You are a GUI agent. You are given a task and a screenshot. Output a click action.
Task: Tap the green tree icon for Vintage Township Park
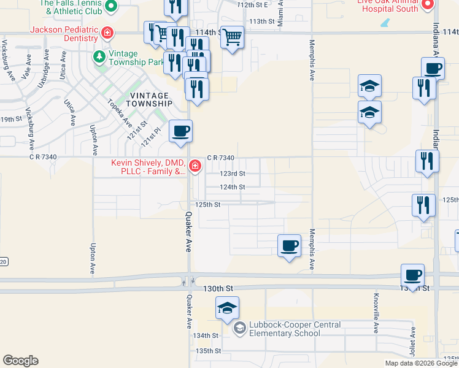click(x=99, y=57)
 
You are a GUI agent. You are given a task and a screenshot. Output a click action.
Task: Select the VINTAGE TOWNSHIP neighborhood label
click(x=147, y=99)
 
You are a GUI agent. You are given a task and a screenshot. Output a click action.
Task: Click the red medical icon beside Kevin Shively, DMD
click(x=195, y=166)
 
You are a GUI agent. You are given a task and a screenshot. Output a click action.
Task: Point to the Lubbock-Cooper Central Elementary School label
click(x=284, y=329)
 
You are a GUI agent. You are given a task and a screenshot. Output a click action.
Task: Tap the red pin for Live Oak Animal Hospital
click(x=428, y=5)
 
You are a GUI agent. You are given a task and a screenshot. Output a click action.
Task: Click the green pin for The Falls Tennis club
click(x=111, y=6)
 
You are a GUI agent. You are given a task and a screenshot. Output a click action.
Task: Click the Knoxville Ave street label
click(x=375, y=313)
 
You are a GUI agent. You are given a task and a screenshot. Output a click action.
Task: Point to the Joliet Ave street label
click(x=414, y=342)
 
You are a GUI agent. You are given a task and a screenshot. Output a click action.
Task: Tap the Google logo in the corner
click(x=20, y=361)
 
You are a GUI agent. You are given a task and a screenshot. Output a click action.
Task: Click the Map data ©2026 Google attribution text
click(x=421, y=363)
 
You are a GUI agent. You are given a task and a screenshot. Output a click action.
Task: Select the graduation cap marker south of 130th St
click(x=227, y=308)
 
